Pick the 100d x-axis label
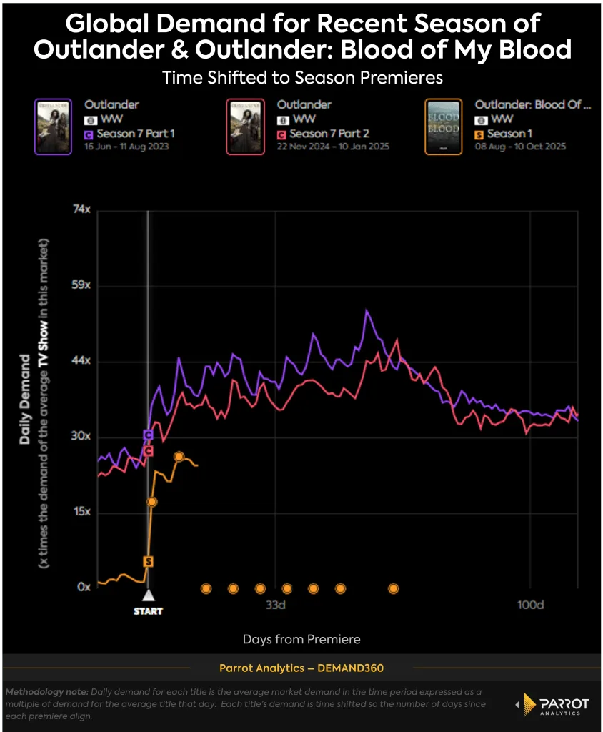point(530,605)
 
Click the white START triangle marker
point(148,595)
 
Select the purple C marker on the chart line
point(148,435)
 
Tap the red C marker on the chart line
point(148,451)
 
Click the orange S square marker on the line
point(148,562)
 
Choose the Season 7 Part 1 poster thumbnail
point(53,127)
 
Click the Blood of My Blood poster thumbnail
point(443,127)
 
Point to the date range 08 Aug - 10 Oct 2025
point(520,146)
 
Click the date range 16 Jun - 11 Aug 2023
point(129,146)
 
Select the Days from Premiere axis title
point(301,639)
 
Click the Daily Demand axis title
point(25,399)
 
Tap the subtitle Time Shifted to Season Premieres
point(301,77)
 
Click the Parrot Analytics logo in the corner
point(552,704)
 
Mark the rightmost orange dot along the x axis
point(393,588)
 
